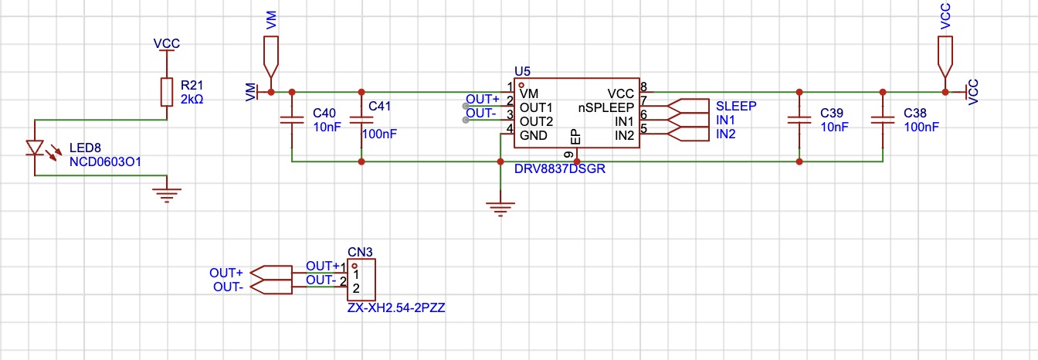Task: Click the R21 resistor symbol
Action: click(167, 92)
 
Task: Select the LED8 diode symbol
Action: click(36, 148)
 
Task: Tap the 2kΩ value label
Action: click(192, 99)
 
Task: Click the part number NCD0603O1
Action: click(105, 161)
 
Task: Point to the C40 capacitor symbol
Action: click(292, 120)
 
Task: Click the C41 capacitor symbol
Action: click(361, 120)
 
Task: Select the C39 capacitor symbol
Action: click(799, 120)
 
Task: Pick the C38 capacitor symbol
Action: click(883, 120)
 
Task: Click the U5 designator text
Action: click(522, 71)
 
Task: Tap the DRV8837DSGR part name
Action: click(560, 168)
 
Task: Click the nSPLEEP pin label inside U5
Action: click(606, 107)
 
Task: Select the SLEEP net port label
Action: click(736, 106)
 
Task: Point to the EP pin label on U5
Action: click(575, 138)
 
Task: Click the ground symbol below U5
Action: click(500, 209)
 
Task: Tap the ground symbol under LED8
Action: click(167, 195)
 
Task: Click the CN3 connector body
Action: click(361, 280)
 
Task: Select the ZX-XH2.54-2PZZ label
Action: click(396, 307)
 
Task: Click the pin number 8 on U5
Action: click(643, 87)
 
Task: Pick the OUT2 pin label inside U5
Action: click(536, 121)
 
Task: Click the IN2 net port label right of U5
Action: click(726, 134)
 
